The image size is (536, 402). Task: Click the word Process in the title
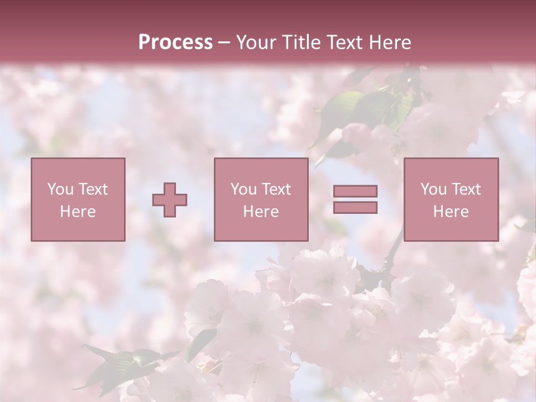(x=175, y=42)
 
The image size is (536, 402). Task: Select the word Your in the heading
(x=256, y=42)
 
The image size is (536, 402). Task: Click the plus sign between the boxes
(x=170, y=200)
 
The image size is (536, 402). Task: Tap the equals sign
(x=355, y=199)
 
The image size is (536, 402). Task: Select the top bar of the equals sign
(x=355, y=192)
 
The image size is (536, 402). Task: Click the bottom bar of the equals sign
(x=355, y=208)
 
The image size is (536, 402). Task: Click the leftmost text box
(x=78, y=199)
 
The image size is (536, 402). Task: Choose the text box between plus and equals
(x=261, y=199)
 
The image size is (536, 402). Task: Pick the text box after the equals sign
(x=451, y=199)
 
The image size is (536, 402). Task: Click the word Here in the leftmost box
(x=78, y=212)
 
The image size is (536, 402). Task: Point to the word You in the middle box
(x=243, y=189)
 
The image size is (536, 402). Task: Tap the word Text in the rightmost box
(x=466, y=189)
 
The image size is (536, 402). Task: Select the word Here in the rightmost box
(x=451, y=212)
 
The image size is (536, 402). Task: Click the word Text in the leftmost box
(x=93, y=189)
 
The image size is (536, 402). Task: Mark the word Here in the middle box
(x=261, y=212)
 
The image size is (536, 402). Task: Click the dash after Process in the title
(x=224, y=42)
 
